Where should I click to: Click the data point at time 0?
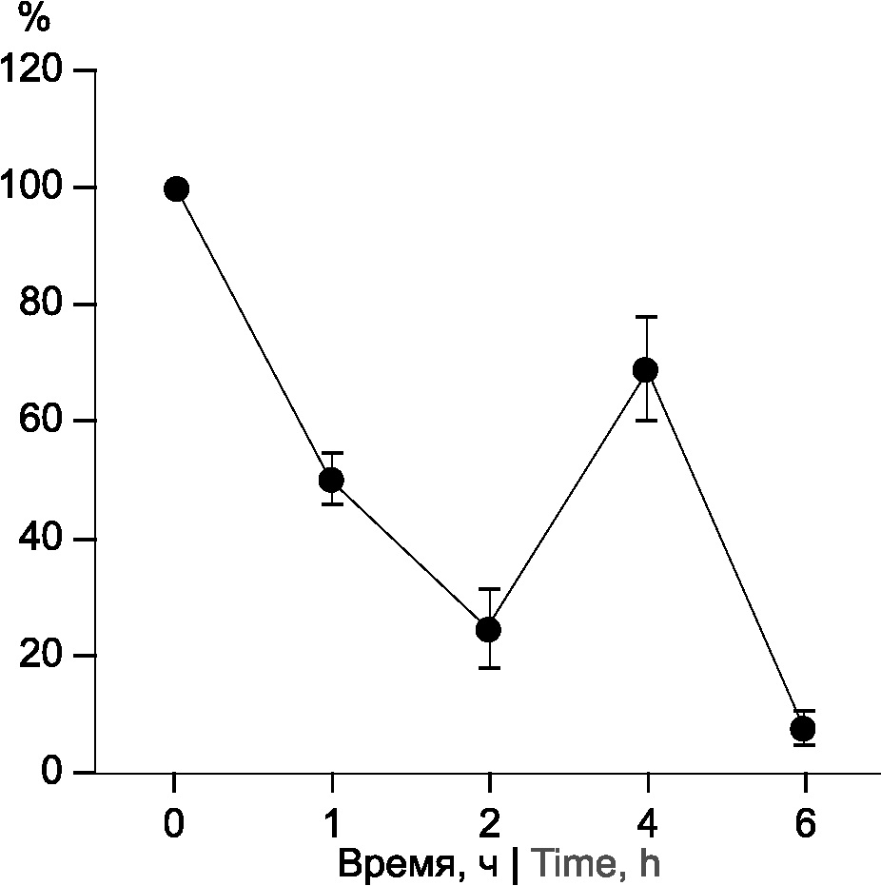pyautogui.click(x=176, y=188)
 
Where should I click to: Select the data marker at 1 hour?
pyautogui.click(x=331, y=480)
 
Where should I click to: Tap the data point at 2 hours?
pyautogui.click(x=488, y=629)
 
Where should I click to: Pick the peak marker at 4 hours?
pyautogui.click(x=646, y=370)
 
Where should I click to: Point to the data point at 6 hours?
pyautogui.click(x=803, y=729)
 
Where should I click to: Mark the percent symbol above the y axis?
pyautogui.click(x=34, y=20)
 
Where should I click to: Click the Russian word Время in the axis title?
pyautogui.click(x=393, y=864)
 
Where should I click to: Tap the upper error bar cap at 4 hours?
pyautogui.click(x=647, y=316)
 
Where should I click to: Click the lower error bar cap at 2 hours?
pyautogui.click(x=489, y=668)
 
